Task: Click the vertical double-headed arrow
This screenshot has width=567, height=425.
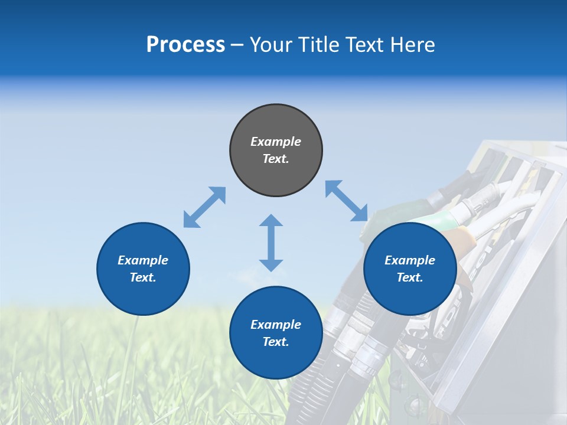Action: [271, 243]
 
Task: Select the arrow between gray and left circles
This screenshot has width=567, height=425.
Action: [204, 207]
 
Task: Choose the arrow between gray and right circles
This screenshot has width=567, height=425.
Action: [347, 201]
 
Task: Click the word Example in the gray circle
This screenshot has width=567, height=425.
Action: [276, 142]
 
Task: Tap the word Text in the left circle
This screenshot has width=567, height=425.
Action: [143, 277]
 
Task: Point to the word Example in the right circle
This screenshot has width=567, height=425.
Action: [410, 260]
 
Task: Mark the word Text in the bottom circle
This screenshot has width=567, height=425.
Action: [276, 342]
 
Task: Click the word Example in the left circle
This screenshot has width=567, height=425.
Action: [143, 260]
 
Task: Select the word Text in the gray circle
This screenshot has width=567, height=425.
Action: [276, 159]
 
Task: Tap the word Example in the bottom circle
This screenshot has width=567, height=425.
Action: [276, 325]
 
